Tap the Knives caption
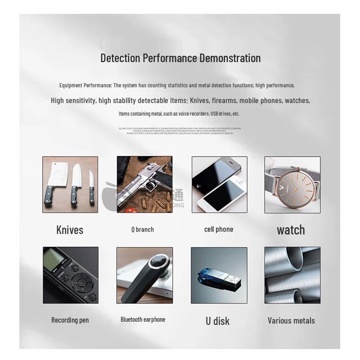click(x=70, y=230)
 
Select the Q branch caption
click(x=143, y=229)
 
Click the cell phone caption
click(x=219, y=229)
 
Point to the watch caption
click(x=291, y=230)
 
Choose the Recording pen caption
click(x=70, y=320)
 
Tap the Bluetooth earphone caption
click(x=143, y=319)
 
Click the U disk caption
click(x=218, y=321)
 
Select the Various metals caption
click(x=291, y=321)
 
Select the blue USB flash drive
click(x=214, y=275)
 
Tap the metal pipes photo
click(x=292, y=275)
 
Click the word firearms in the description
click(x=222, y=100)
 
